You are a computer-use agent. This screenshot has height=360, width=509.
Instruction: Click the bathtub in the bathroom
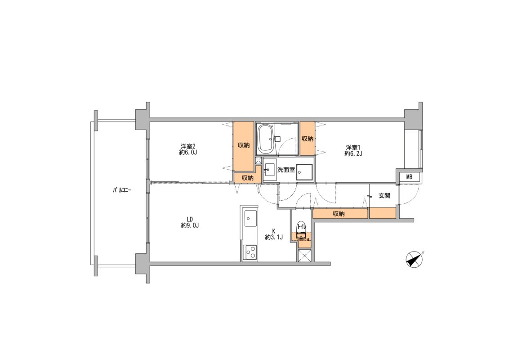tap(266, 139)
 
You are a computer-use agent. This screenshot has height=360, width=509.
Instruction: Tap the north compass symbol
tap(415, 260)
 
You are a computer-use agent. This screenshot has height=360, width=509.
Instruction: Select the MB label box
tap(409, 177)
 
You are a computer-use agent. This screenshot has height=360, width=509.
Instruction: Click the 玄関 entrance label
tap(384, 196)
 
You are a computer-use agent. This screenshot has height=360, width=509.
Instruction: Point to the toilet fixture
tap(302, 231)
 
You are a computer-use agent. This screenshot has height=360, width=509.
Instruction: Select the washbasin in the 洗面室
tap(269, 170)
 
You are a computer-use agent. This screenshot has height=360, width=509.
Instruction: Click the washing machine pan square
tap(304, 172)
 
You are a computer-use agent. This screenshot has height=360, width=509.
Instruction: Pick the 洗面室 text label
tap(286, 170)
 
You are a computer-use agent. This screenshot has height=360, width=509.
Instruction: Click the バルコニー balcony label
tap(122, 190)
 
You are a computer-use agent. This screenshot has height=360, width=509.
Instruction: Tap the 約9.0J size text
tap(190, 225)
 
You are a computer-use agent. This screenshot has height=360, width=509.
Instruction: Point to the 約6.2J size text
tap(353, 153)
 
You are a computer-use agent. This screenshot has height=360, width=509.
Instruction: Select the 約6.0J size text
tap(188, 152)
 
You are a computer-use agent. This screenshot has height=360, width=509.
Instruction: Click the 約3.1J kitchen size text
tap(274, 237)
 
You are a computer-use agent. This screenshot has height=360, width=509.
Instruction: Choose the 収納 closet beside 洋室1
tap(308, 139)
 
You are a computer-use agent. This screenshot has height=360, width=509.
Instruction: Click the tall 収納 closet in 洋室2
tap(243, 146)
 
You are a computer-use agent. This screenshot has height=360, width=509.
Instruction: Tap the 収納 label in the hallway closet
tap(339, 214)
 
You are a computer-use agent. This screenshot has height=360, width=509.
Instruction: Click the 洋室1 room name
tap(353, 147)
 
